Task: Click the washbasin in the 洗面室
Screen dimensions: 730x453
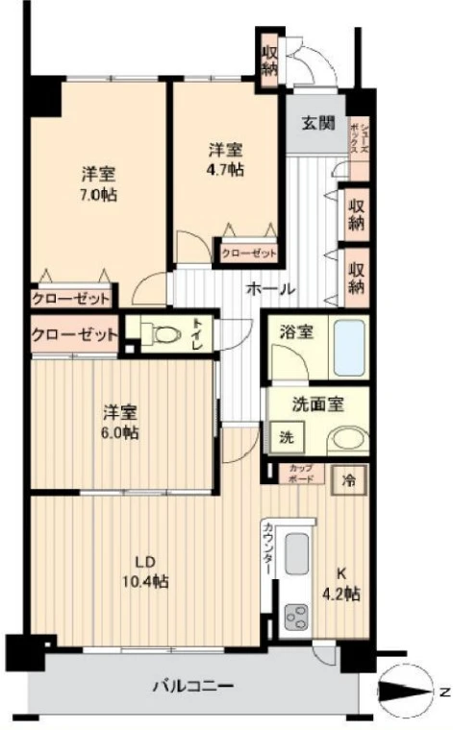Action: [x=346, y=439]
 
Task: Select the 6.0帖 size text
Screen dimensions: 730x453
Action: [x=121, y=432]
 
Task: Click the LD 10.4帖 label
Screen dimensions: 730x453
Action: [x=145, y=572]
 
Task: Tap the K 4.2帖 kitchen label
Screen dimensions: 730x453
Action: [x=342, y=584]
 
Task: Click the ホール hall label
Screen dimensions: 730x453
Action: [x=270, y=288]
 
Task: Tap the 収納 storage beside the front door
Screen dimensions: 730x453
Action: [x=268, y=56]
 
